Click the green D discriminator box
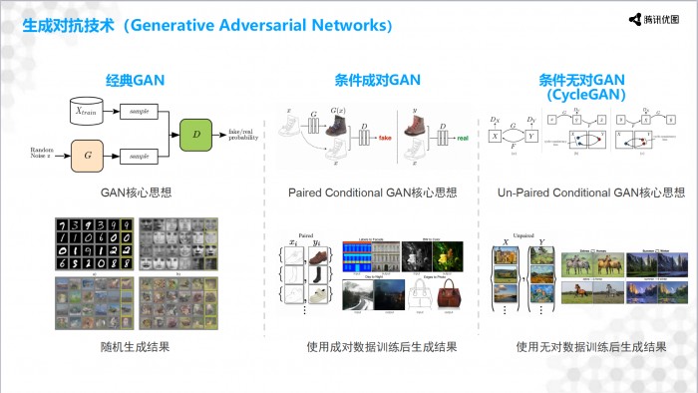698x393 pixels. (x=197, y=134)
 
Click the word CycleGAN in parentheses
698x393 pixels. (x=586, y=96)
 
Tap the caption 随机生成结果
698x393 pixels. (x=135, y=347)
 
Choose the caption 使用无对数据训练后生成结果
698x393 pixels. (x=590, y=347)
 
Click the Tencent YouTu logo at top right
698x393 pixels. (x=653, y=19)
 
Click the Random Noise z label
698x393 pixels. (x=41, y=152)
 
